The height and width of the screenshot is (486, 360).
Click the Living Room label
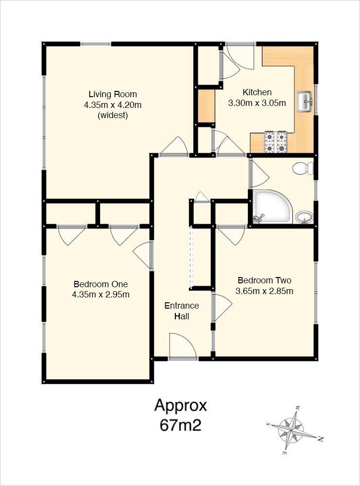coord(112,94)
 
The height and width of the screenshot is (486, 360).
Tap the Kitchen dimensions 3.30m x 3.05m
coord(257,103)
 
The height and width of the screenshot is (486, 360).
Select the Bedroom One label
coord(101,284)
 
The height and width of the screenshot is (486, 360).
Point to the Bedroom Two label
coord(264,280)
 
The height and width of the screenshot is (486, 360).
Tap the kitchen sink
coord(305,101)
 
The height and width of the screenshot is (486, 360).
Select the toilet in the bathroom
coord(303,169)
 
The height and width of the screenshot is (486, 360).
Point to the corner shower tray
coord(272,207)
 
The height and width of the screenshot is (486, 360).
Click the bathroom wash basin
coord(305,217)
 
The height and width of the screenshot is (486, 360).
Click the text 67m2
coord(180,425)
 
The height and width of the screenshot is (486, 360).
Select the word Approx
coord(181,405)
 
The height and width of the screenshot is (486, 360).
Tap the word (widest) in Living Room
coord(112,116)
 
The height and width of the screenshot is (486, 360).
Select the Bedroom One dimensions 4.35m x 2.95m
coord(101,295)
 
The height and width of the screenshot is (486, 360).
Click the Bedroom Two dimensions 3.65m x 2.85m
coord(264,291)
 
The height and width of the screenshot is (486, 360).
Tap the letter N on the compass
coord(321,439)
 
